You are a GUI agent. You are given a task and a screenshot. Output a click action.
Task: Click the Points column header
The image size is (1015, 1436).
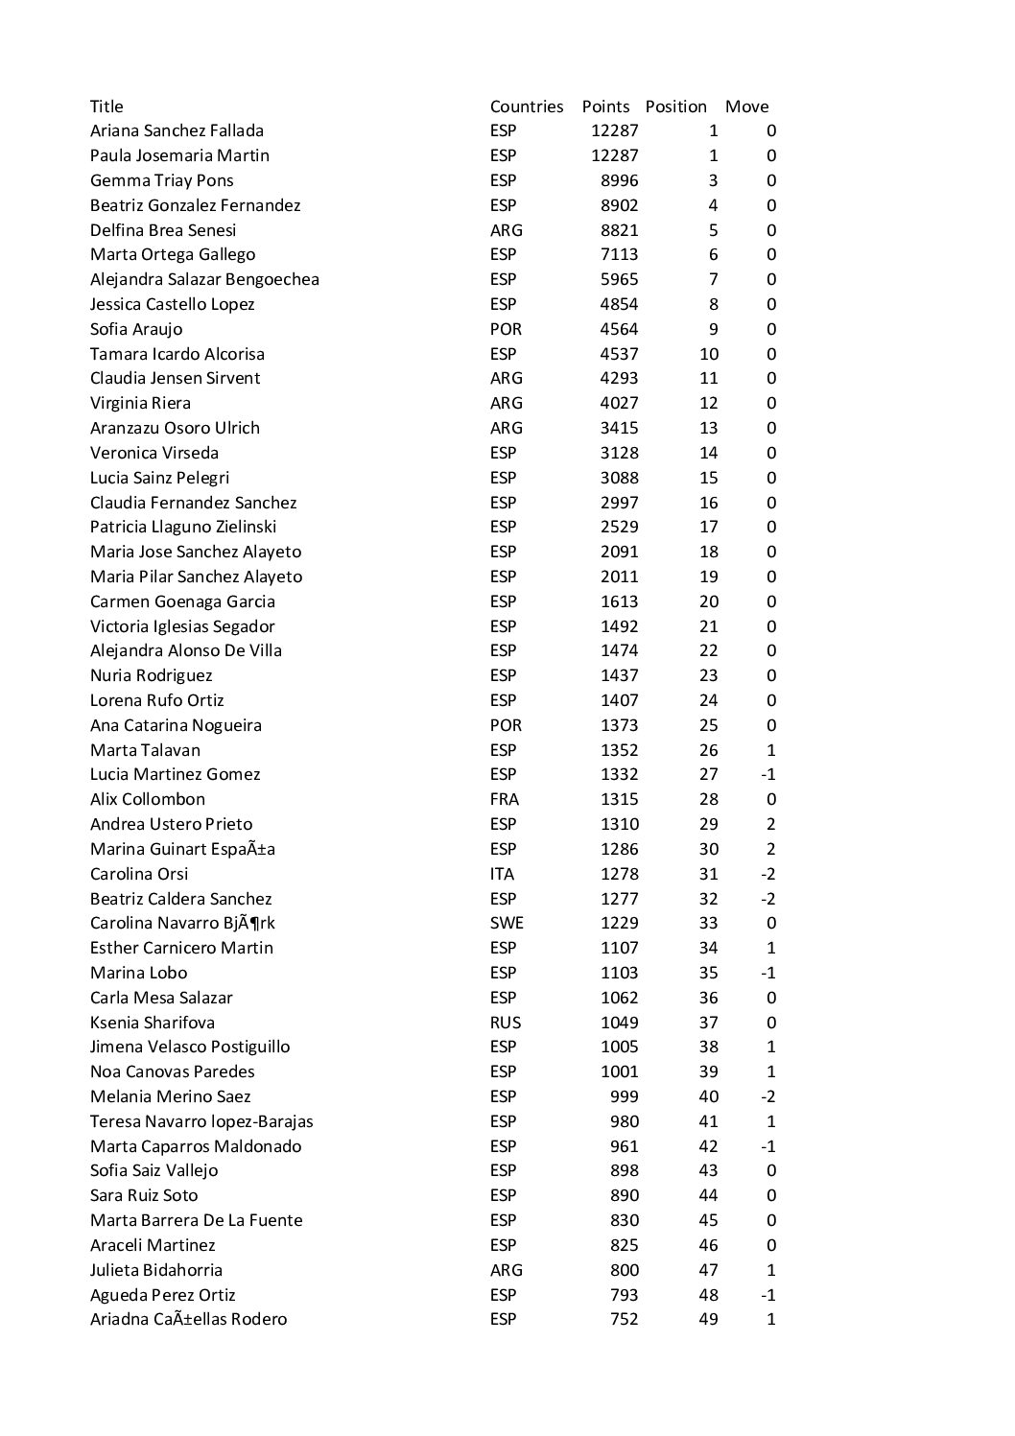(605, 106)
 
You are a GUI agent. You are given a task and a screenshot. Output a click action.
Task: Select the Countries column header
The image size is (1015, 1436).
(527, 106)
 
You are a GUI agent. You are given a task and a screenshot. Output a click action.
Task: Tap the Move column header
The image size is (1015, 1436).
(746, 106)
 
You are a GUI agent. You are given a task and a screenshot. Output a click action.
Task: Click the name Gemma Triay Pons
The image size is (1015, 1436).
(161, 180)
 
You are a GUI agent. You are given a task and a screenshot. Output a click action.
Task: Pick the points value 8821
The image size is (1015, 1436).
(619, 230)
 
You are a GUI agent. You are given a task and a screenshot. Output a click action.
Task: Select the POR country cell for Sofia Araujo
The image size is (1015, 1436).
(506, 329)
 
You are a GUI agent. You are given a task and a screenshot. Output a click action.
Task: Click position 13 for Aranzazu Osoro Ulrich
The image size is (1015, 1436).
(708, 428)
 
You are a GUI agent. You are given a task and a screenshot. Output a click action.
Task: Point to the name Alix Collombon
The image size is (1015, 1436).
(147, 799)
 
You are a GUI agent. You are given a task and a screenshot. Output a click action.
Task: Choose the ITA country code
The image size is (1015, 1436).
(502, 874)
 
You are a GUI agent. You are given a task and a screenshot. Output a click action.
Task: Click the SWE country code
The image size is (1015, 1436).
(507, 923)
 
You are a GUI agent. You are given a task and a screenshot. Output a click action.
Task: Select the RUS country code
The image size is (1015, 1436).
(506, 1023)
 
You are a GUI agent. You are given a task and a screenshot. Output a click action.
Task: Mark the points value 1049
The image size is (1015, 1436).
(619, 1023)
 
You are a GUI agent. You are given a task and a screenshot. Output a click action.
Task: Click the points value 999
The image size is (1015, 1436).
(624, 1096)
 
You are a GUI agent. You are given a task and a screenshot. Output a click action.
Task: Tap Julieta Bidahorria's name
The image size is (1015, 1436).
(155, 1270)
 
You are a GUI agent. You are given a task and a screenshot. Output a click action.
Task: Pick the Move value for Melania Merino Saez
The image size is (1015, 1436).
(767, 1096)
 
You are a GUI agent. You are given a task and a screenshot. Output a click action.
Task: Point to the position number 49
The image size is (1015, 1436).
(708, 1319)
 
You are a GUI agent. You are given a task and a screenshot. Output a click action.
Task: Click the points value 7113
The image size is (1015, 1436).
(619, 254)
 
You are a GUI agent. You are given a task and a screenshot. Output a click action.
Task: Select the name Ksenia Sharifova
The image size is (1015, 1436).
(152, 1023)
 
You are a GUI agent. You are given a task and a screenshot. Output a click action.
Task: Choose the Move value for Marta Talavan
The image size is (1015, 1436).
(771, 750)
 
